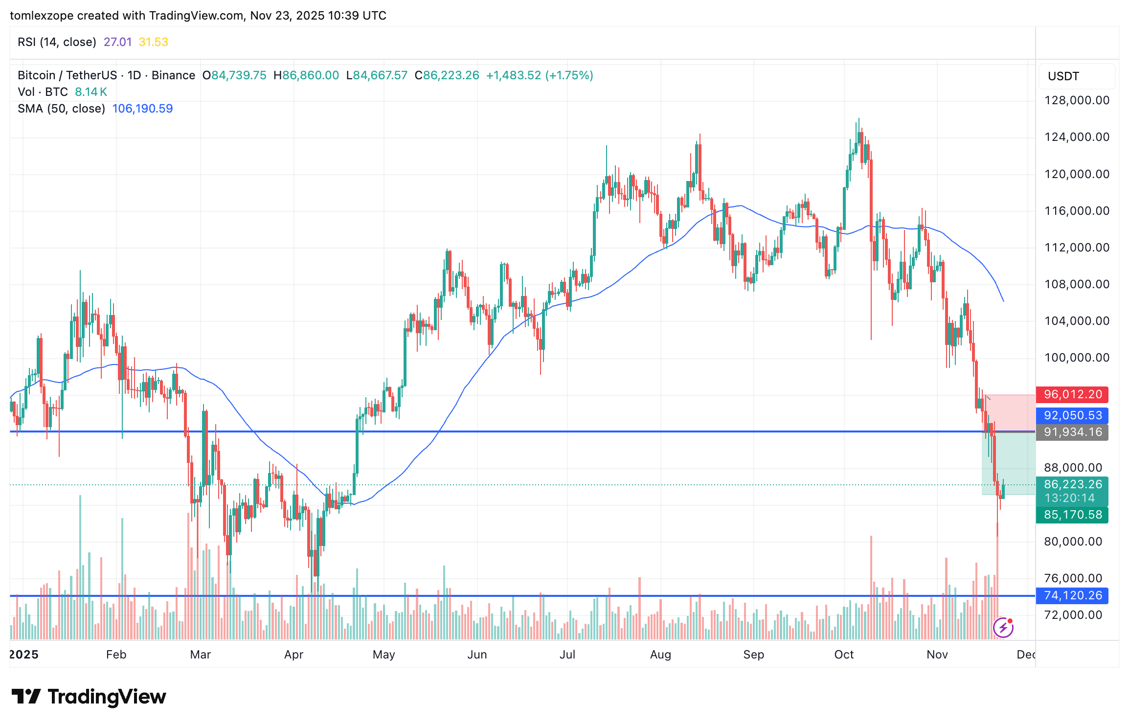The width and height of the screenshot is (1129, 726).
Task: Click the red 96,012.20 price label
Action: point(1072,394)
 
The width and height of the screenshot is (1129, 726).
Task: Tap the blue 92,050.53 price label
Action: point(1072,415)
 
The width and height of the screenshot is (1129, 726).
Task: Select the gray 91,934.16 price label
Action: point(1072,432)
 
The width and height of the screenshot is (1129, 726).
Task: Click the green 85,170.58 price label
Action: point(1072,515)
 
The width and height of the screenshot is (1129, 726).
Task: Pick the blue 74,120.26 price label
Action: point(1072,595)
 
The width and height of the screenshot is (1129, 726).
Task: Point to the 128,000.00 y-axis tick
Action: point(1077,100)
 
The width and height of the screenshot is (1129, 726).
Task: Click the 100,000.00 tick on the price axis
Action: point(1077,358)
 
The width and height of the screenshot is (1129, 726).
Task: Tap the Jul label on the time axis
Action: point(567,655)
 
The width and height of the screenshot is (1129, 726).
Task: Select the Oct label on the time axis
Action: point(844,655)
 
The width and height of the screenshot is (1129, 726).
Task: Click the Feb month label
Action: point(116,655)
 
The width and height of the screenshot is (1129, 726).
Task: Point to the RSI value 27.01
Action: point(117,42)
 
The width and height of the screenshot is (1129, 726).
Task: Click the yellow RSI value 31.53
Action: point(153,42)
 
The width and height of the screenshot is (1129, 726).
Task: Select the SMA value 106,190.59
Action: point(142,109)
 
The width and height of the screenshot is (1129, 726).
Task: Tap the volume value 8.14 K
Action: point(91,92)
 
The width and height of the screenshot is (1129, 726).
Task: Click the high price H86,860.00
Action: point(306,75)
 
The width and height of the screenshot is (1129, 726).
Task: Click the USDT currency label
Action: point(1063,76)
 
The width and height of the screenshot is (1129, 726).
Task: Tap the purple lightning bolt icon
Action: point(1003,627)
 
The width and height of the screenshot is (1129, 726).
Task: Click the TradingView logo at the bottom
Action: point(89,697)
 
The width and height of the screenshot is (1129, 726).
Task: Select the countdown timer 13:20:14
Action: point(1069,498)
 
